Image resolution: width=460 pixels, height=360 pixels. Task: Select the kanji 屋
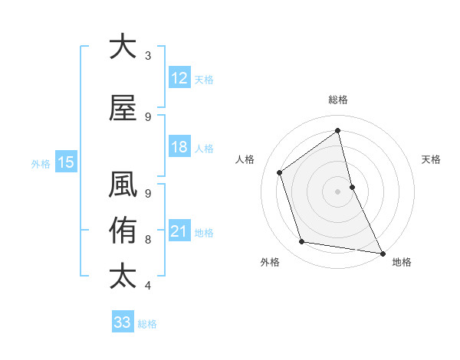(123, 109)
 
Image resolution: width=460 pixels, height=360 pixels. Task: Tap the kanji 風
(123, 188)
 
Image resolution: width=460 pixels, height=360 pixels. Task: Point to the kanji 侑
(123, 230)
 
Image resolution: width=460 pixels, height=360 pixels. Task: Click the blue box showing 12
(179, 78)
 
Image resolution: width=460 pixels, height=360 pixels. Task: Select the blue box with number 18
(179, 147)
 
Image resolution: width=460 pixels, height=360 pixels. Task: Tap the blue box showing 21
(179, 231)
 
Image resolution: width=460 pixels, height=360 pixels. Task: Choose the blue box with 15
(66, 162)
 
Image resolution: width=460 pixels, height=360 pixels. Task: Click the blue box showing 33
(123, 322)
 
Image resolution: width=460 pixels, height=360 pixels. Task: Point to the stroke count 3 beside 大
(148, 56)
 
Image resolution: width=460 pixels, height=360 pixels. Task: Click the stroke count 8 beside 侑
(148, 240)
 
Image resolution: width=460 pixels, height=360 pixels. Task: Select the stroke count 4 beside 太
(148, 286)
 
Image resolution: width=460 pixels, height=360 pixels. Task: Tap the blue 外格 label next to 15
(41, 163)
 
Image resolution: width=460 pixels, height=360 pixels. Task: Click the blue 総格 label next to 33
(147, 324)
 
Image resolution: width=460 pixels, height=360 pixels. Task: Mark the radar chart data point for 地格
(381, 252)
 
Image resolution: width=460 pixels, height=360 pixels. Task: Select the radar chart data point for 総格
(338, 131)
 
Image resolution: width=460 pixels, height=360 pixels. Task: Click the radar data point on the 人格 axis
(280, 172)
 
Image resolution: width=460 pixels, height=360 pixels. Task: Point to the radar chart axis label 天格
(431, 159)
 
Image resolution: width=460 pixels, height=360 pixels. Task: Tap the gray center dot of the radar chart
(338, 191)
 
